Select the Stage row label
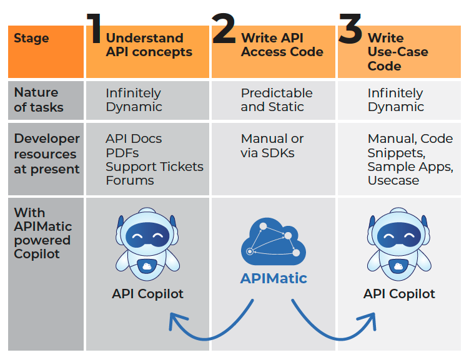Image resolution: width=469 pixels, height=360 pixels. tap(31, 39)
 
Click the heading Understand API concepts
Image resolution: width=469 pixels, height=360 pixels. tap(149, 45)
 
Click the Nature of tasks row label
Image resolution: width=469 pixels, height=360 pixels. tap(39, 99)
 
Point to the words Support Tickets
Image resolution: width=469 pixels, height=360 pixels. tap(154, 167)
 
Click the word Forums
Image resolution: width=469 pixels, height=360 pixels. tap(129, 180)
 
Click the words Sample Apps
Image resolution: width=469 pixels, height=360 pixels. tap(408, 167)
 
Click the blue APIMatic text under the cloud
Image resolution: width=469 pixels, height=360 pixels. tap(274, 278)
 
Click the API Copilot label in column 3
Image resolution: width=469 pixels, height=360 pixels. tap(399, 294)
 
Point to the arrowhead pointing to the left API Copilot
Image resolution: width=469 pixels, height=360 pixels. tap(175, 320)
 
